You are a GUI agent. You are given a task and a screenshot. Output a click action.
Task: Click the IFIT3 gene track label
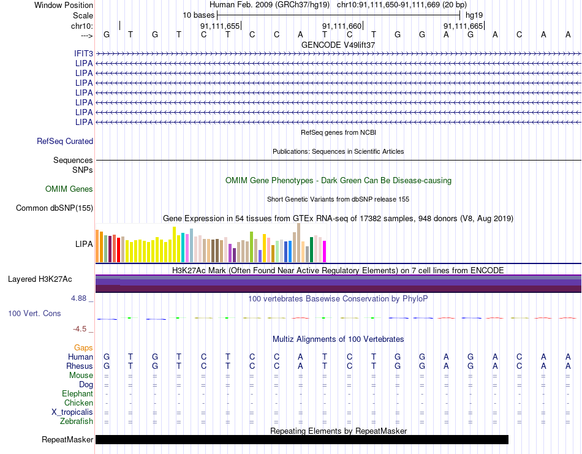point(83,54)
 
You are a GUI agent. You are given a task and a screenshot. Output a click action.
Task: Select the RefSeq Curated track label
point(65,141)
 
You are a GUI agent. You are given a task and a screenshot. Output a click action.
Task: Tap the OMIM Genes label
point(69,189)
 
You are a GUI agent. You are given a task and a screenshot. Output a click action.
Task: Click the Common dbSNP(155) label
point(55,208)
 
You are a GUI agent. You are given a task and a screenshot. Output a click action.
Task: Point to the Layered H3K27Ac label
point(40,279)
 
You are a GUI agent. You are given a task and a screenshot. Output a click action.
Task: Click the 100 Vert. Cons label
point(34,313)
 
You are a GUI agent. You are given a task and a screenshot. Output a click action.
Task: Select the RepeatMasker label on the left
point(67,439)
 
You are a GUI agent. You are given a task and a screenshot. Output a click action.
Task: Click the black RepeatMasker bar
point(302,439)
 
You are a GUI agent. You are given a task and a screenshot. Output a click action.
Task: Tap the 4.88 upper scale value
point(78,298)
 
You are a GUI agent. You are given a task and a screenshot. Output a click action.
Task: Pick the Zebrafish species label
point(77,422)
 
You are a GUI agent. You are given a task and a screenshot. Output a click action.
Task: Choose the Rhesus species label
point(80,366)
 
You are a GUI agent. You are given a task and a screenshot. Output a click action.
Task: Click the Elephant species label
point(78,393)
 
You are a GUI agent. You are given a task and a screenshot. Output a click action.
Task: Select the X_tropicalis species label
point(72,412)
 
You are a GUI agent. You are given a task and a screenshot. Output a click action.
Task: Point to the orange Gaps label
point(83,347)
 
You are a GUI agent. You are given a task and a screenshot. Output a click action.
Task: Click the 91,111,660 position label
point(341,26)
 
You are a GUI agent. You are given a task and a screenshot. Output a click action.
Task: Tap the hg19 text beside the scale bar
point(474,15)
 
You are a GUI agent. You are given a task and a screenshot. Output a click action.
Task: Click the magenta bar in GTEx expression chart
point(325,252)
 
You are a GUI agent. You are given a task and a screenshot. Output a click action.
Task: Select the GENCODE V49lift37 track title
point(338,45)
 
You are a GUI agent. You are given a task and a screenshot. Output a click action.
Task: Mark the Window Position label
point(64,5)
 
